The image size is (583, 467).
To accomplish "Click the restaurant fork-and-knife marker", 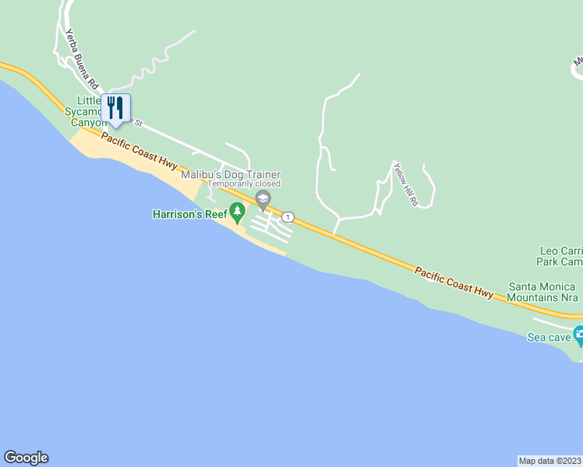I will (115, 108).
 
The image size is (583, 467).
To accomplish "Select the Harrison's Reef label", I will (189, 213).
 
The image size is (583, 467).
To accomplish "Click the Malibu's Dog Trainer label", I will (231, 175).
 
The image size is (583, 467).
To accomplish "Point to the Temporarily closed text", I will (244, 184).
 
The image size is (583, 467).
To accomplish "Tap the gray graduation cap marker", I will (263, 199).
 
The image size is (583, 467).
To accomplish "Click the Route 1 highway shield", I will (288, 216).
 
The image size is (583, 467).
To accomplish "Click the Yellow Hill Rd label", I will (406, 184).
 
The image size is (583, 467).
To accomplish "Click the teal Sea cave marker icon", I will (578, 335).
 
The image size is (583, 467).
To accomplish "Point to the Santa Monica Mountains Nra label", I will (542, 292).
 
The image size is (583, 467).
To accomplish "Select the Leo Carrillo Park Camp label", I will (560, 256).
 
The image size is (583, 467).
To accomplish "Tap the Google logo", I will (26, 458).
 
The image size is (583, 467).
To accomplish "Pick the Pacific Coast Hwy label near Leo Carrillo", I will (454, 282).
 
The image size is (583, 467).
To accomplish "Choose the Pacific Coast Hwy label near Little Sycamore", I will (140, 152).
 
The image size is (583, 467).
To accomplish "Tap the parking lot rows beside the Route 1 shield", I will (270, 226).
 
